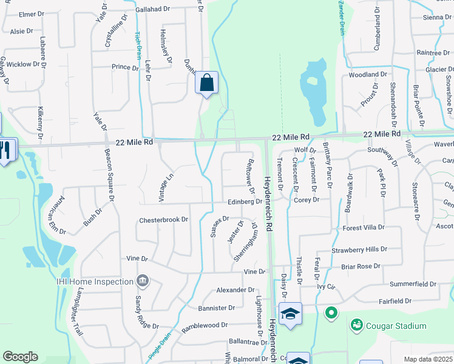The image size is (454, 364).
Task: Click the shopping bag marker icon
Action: click(206, 83)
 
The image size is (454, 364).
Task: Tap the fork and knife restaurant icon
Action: click(5, 150)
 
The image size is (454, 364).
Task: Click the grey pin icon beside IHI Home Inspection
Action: click(142, 281)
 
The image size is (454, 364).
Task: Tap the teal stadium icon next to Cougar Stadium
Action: click(356, 325)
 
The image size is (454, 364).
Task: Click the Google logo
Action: click(20, 357)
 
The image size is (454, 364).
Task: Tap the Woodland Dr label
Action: click(368, 75)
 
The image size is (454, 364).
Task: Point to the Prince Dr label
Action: click(125, 67)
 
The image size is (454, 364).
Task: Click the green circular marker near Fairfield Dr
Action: click(331, 314)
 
